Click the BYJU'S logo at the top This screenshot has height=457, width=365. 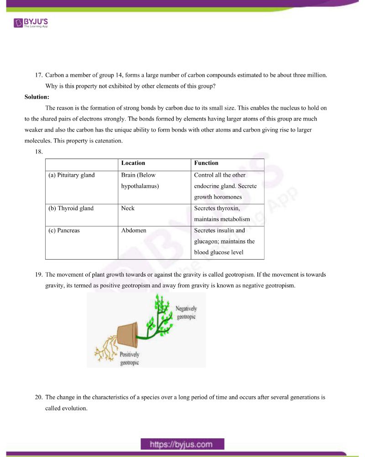31,22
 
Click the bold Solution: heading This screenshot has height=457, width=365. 37,97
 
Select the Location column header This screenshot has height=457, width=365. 133,163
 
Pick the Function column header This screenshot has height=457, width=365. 206,163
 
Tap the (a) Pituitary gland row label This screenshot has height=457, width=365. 71,175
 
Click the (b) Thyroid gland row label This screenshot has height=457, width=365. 71,208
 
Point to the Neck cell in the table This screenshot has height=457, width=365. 128,208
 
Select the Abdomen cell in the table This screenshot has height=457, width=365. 134,230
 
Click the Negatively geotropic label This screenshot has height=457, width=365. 186,313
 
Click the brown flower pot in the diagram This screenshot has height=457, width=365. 128,335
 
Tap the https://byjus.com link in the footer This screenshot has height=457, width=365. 182,444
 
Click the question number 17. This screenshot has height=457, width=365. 39,75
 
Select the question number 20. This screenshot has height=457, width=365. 39,398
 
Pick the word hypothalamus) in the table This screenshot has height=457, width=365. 140,186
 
